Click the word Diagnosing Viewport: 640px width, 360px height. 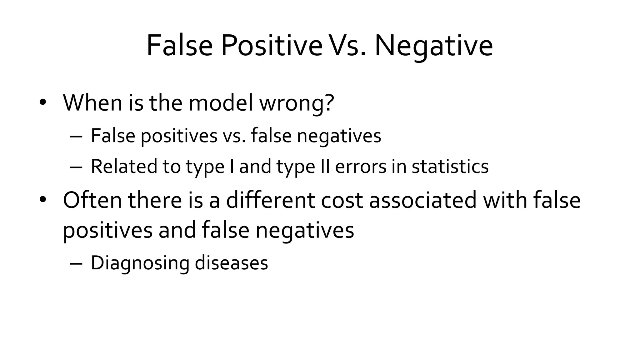(140, 263)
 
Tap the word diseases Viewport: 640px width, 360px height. (231, 263)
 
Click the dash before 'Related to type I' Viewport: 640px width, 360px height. (76, 167)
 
